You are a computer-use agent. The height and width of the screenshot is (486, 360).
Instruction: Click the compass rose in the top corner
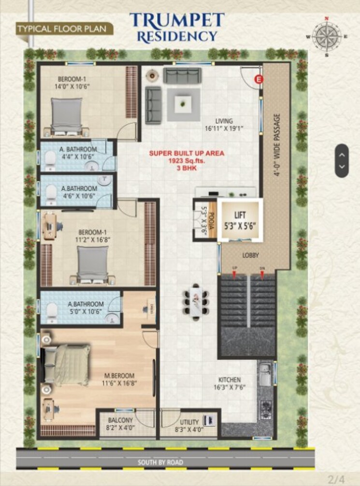click(x=327, y=37)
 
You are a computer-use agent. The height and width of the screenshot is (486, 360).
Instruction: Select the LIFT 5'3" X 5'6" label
click(x=240, y=220)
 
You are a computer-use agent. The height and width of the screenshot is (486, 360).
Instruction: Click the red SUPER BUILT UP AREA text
click(x=187, y=153)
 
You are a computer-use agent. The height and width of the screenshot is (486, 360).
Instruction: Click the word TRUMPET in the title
click(x=177, y=20)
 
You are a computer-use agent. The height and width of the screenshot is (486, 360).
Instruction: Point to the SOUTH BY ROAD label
click(x=161, y=462)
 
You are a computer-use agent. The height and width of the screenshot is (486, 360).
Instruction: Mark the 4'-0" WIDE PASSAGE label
click(x=277, y=145)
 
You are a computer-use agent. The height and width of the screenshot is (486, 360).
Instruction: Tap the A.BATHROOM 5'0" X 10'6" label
click(x=86, y=308)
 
